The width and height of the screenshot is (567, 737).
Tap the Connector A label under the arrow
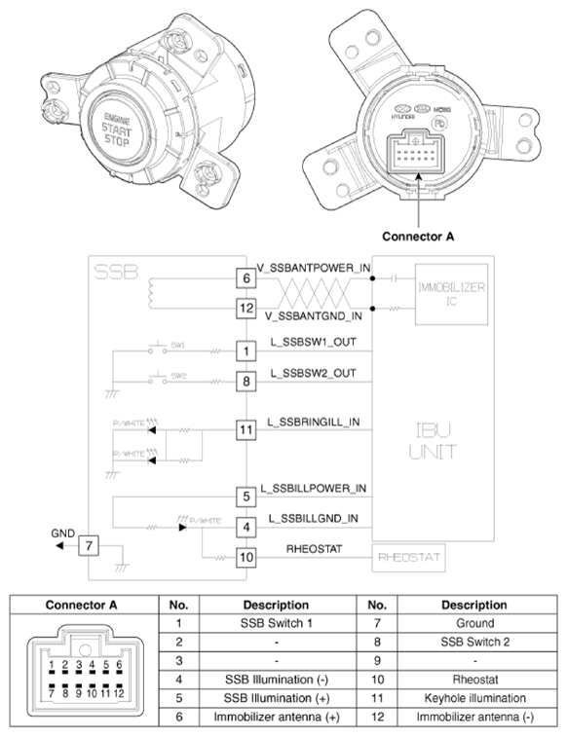419,236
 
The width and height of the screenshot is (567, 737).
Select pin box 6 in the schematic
246,278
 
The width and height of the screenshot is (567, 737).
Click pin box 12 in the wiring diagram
246,309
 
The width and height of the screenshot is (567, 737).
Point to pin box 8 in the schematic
246,382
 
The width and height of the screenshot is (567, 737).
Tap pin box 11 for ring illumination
246,427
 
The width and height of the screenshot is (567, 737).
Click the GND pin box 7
88,545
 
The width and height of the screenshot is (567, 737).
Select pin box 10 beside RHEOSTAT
246,557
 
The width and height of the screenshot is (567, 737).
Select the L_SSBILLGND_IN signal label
314,519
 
